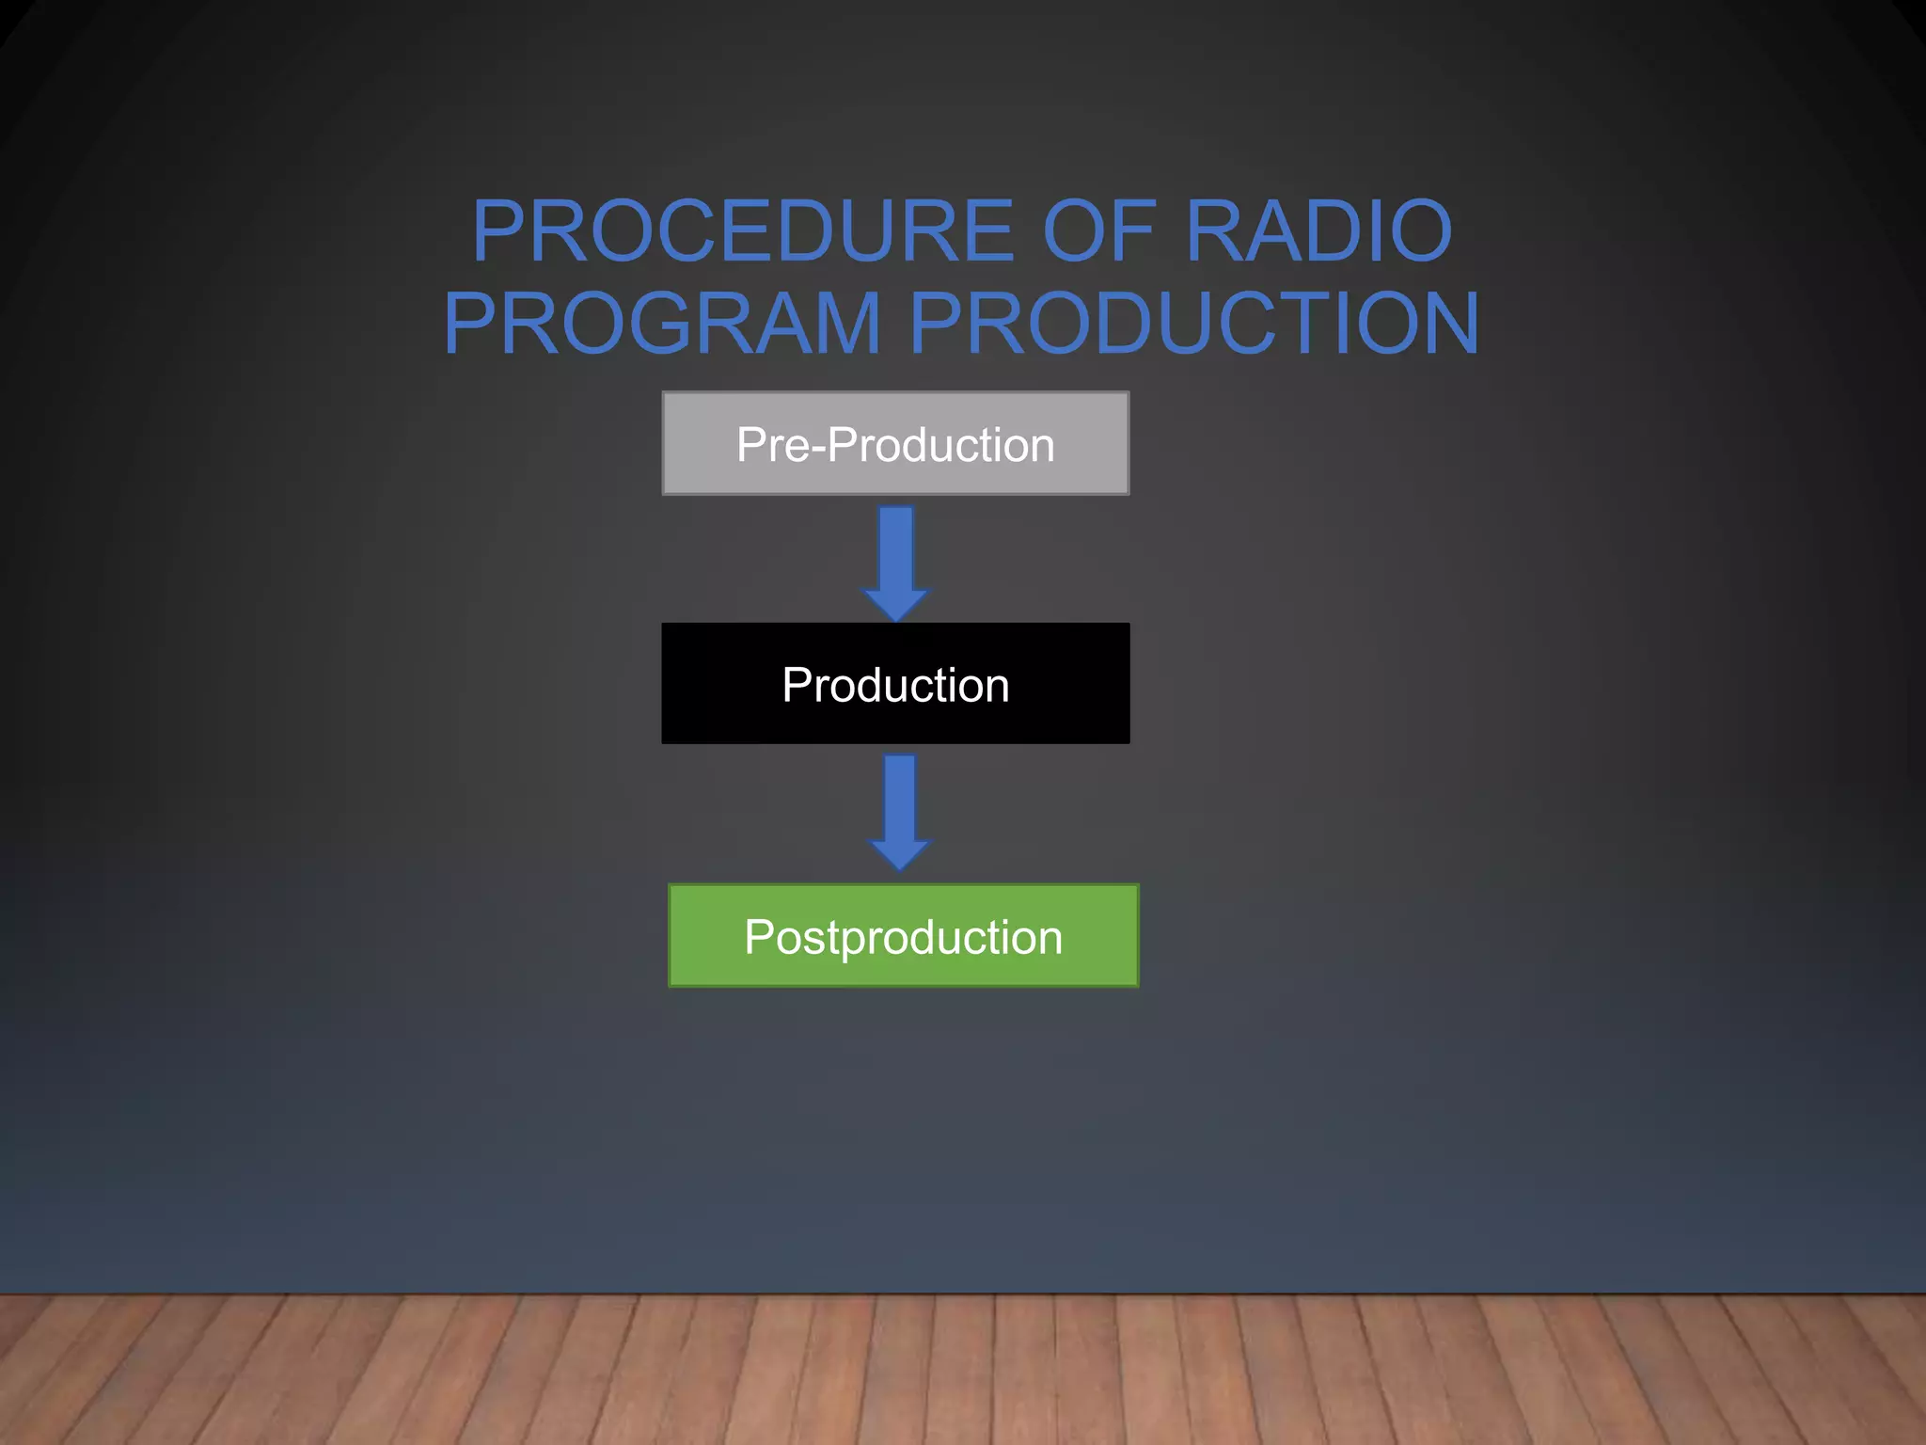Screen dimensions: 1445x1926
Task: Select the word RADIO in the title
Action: point(1318,231)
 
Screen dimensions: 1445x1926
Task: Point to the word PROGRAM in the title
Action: point(662,324)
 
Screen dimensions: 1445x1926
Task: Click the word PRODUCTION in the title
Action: point(1194,324)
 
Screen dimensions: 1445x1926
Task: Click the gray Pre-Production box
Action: point(895,443)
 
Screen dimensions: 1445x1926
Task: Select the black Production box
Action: point(895,683)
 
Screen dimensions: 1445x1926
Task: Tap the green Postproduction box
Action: point(903,935)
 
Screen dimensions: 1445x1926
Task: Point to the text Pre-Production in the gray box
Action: point(895,445)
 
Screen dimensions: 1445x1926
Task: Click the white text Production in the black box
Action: point(895,685)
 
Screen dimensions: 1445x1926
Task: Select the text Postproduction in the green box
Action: point(903,937)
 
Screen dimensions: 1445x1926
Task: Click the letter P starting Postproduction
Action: point(758,937)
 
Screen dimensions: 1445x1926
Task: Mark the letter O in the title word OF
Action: point(1074,231)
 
